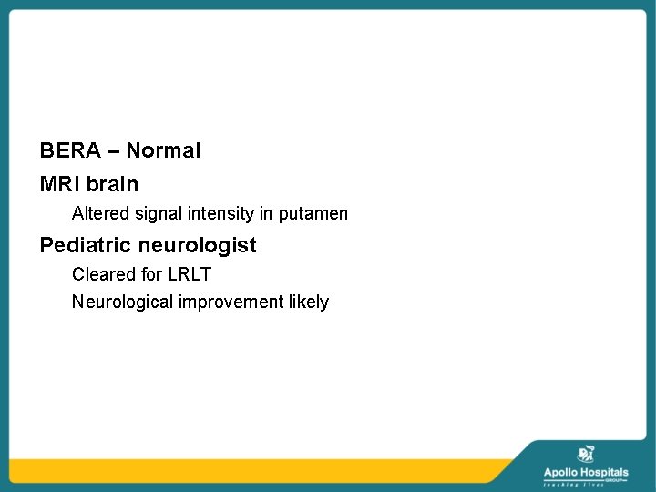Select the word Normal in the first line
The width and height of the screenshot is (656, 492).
point(164,150)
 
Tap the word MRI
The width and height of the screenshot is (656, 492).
point(58,184)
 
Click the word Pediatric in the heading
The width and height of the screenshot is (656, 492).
point(86,245)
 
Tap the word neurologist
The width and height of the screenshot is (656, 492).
point(198,245)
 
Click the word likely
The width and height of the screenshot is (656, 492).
point(308,302)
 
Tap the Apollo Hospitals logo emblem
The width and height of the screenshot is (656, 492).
point(586,454)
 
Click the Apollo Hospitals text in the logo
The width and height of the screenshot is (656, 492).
point(586,472)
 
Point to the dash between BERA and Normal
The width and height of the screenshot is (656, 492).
point(113,151)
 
